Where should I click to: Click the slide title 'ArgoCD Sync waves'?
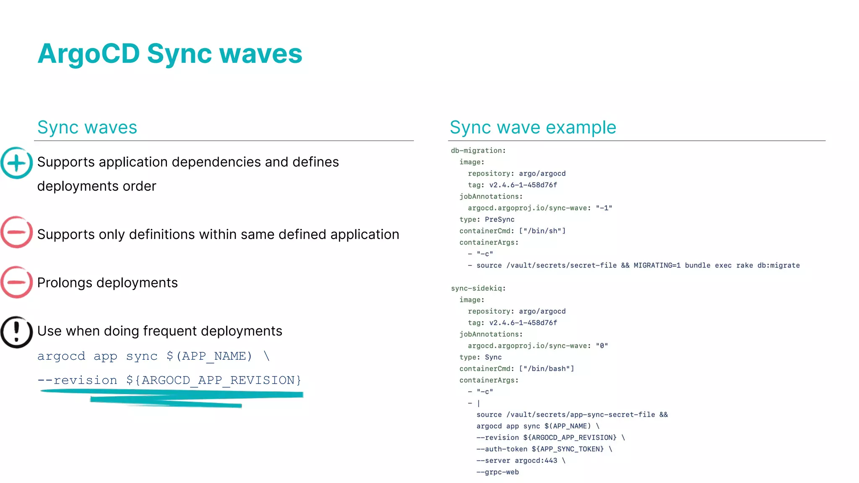(169, 54)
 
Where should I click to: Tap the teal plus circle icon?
(16, 163)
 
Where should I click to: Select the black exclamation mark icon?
(16, 332)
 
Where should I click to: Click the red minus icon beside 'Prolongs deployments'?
(16, 282)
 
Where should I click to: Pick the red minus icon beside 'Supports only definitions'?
(16, 232)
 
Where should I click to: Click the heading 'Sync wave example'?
(533, 127)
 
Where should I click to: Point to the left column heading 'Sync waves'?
(87, 127)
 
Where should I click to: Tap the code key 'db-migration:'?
(478, 151)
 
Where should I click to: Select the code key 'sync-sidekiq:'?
(478, 288)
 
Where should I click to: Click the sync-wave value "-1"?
(604, 208)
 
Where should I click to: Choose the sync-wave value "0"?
(602, 346)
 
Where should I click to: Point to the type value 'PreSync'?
(500, 220)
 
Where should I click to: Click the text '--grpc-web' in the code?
(497, 472)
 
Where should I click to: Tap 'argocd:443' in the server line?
(536, 461)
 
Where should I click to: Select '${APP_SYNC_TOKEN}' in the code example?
(567, 449)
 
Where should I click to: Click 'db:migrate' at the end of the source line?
(778, 265)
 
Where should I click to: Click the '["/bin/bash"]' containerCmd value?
(546, 369)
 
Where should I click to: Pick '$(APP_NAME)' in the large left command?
(209, 356)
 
